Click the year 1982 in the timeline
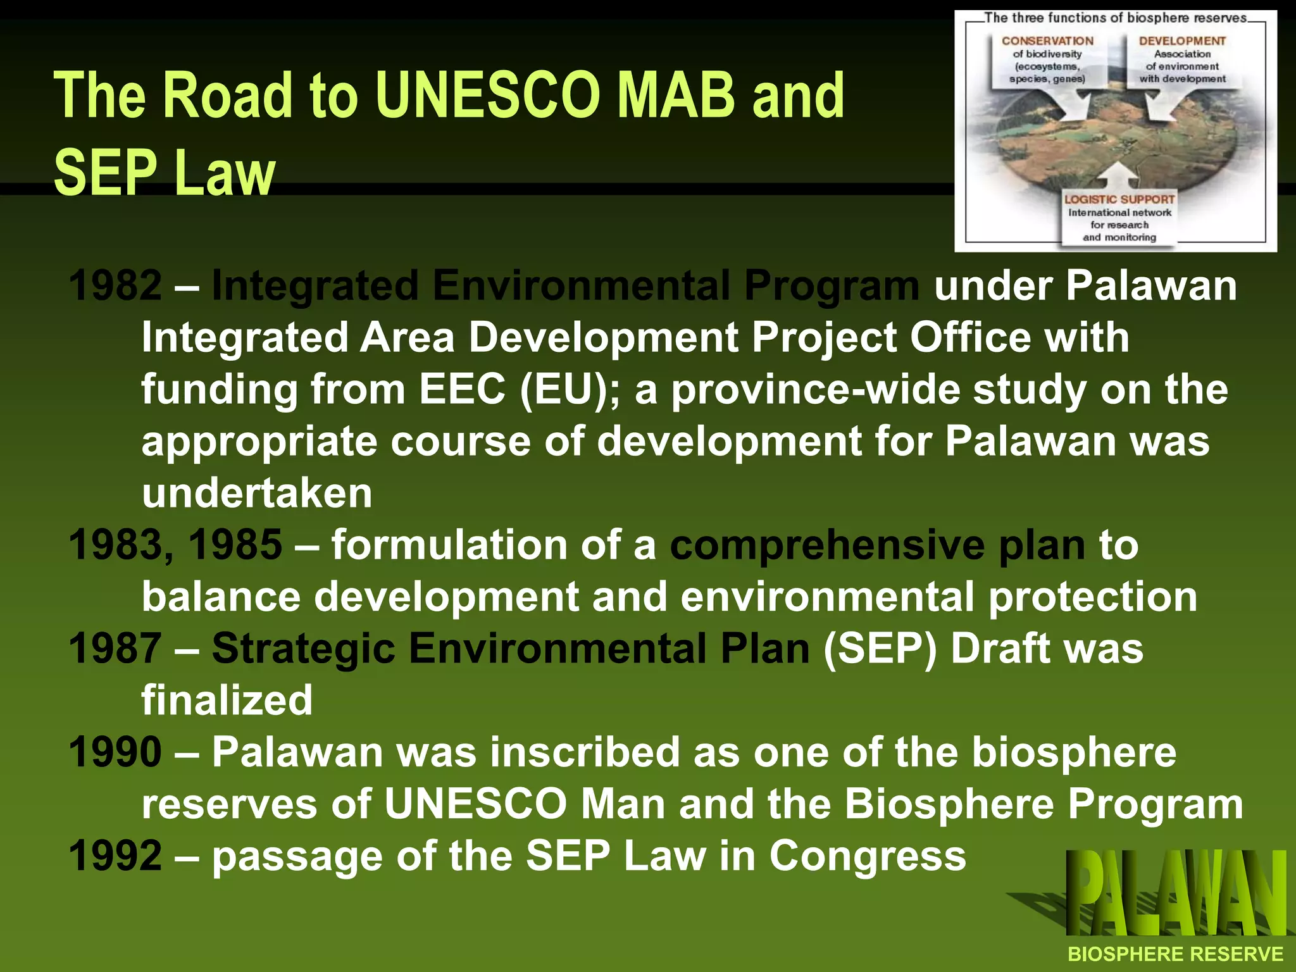click(115, 285)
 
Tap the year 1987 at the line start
click(115, 649)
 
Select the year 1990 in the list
click(115, 752)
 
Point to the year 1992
click(115, 856)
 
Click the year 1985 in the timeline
click(235, 545)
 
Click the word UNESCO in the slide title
click(487, 96)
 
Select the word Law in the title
click(225, 173)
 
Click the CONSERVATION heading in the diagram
click(1047, 41)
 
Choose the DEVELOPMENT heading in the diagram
click(1182, 41)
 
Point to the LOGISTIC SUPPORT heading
click(1119, 199)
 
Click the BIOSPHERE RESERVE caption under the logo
click(1175, 954)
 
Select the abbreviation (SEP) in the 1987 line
click(880, 650)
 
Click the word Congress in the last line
click(868, 856)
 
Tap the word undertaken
click(257, 493)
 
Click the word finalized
click(227, 701)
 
